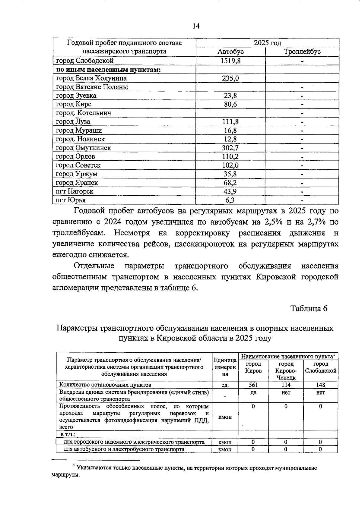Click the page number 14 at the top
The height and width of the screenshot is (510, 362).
coord(196,26)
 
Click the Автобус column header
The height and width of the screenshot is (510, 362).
coord(230,52)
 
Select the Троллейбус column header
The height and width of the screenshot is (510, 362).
coord(302,52)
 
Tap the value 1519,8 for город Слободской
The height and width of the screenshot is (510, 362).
coord(230,61)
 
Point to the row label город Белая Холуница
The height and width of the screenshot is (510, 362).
coord(91,78)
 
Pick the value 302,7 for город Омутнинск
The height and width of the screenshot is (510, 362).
coord(230,148)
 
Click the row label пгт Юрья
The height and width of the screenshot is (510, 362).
coord(71,200)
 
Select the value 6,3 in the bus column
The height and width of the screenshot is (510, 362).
coord(230,200)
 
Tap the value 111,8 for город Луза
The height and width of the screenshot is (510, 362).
coord(230,121)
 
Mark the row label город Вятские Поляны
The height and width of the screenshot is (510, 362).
coord(92,87)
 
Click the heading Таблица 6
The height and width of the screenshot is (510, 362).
coord(309,308)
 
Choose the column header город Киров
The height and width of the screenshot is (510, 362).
coord(253,367)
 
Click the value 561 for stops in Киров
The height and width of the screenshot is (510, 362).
coord(253,385)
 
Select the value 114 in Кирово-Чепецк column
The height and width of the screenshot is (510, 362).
coord(286,385)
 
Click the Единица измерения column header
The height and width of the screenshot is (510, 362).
coord(225,367)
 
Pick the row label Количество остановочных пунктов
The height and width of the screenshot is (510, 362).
coord(105,385)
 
